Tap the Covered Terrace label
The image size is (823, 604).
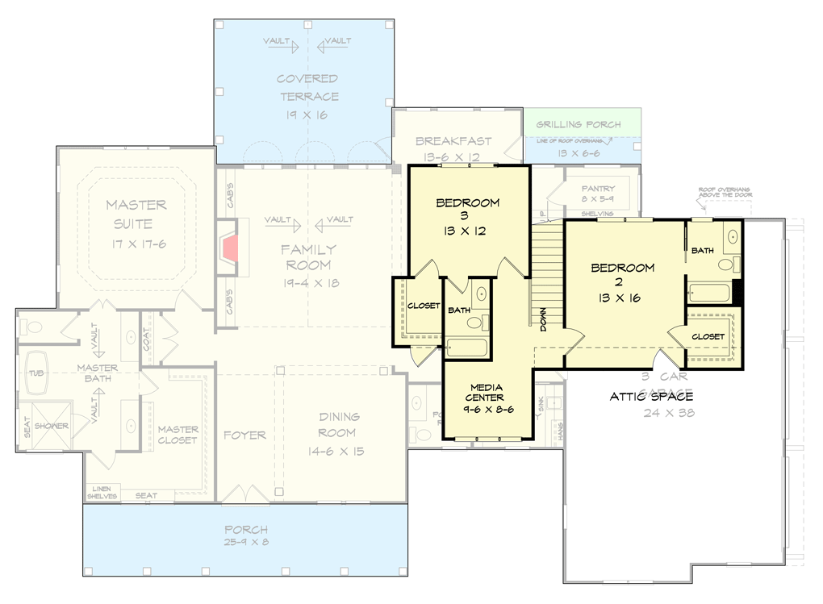click(307, 88)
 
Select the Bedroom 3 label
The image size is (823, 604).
click(467, 203)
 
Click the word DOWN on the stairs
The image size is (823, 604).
click(544, 319)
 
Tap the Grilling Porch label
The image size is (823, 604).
click(579, 125)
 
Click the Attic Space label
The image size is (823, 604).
click(650, 396)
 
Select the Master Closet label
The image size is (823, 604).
click(178, 435)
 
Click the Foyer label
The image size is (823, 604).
click(244, 435)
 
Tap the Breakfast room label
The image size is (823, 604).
click(453, 141)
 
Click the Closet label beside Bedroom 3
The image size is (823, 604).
click(424, 306)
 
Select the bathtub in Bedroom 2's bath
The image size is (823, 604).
click(708, 291)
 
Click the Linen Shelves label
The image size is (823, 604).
click(102, 492)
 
